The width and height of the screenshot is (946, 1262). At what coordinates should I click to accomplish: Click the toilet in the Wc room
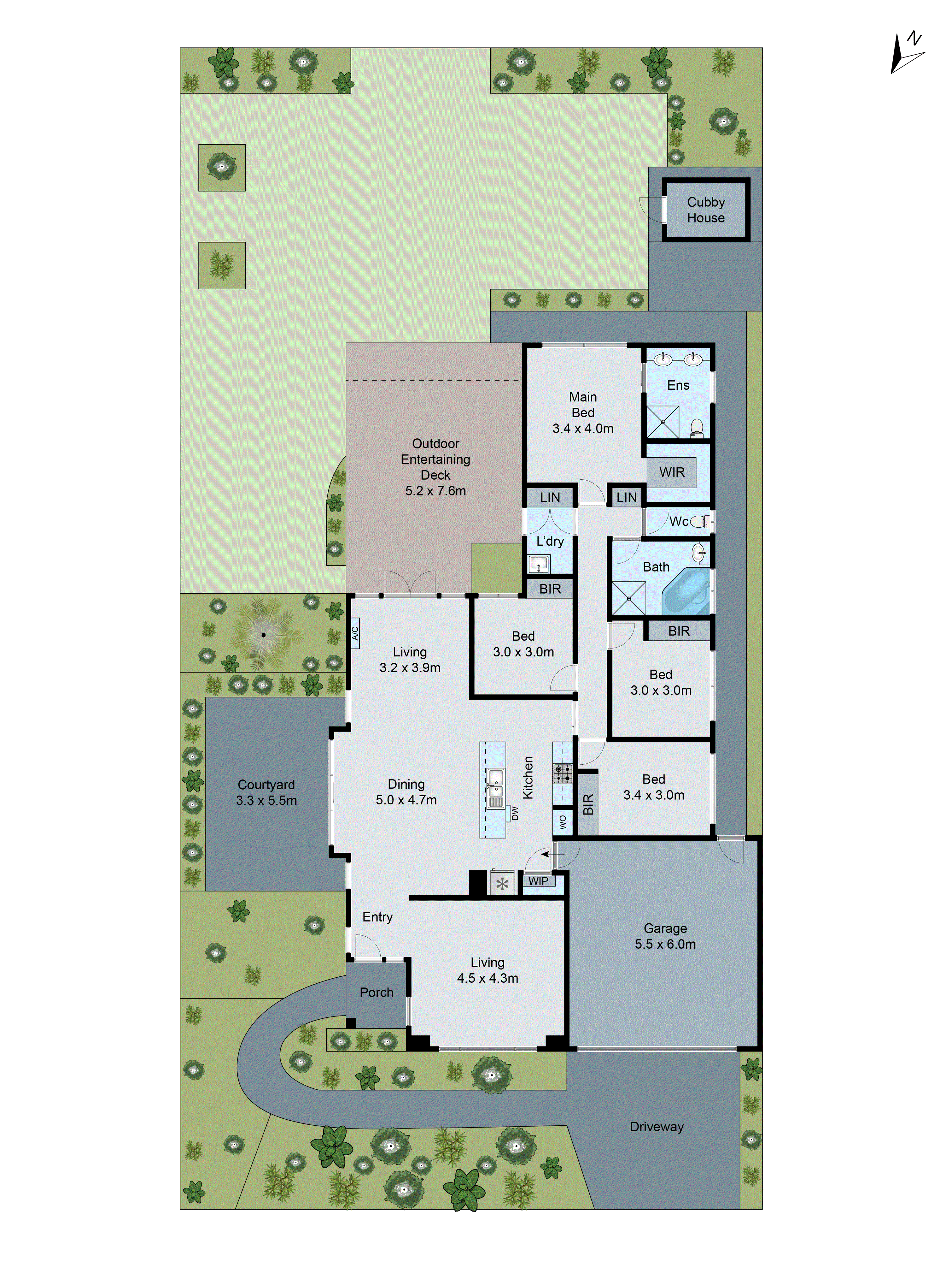[700, 521]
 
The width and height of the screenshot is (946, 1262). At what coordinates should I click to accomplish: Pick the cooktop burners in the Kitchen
[562, 773]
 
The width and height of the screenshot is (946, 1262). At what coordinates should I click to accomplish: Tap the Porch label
[376, 993]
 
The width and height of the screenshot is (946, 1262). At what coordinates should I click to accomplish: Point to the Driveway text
[656, 1127]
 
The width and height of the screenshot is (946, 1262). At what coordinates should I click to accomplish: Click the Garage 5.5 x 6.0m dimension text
[665, 944]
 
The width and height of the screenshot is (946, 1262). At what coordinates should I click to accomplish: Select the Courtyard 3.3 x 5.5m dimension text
[266, 800]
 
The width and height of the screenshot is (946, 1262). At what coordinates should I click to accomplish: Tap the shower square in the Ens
[662, 422]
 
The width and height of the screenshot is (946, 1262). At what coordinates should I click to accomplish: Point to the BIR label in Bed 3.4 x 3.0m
[588, 804]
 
